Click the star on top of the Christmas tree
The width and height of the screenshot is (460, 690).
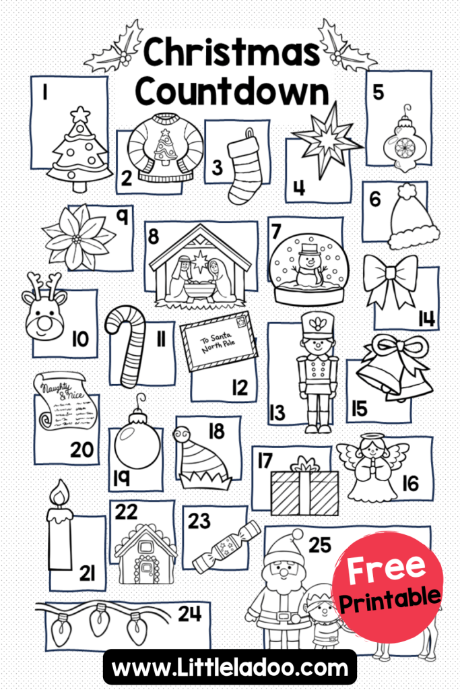80,115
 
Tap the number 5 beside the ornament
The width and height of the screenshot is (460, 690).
378,92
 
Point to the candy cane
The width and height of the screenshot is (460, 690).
127,346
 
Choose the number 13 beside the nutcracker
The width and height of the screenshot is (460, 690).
277,413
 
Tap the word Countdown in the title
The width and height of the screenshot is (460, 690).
232,91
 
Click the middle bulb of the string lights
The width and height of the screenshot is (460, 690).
100,620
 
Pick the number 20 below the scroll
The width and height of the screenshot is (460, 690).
81,449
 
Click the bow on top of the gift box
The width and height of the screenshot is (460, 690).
305,464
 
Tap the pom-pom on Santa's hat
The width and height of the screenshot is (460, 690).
297,534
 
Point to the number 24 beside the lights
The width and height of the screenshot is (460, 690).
189,614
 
